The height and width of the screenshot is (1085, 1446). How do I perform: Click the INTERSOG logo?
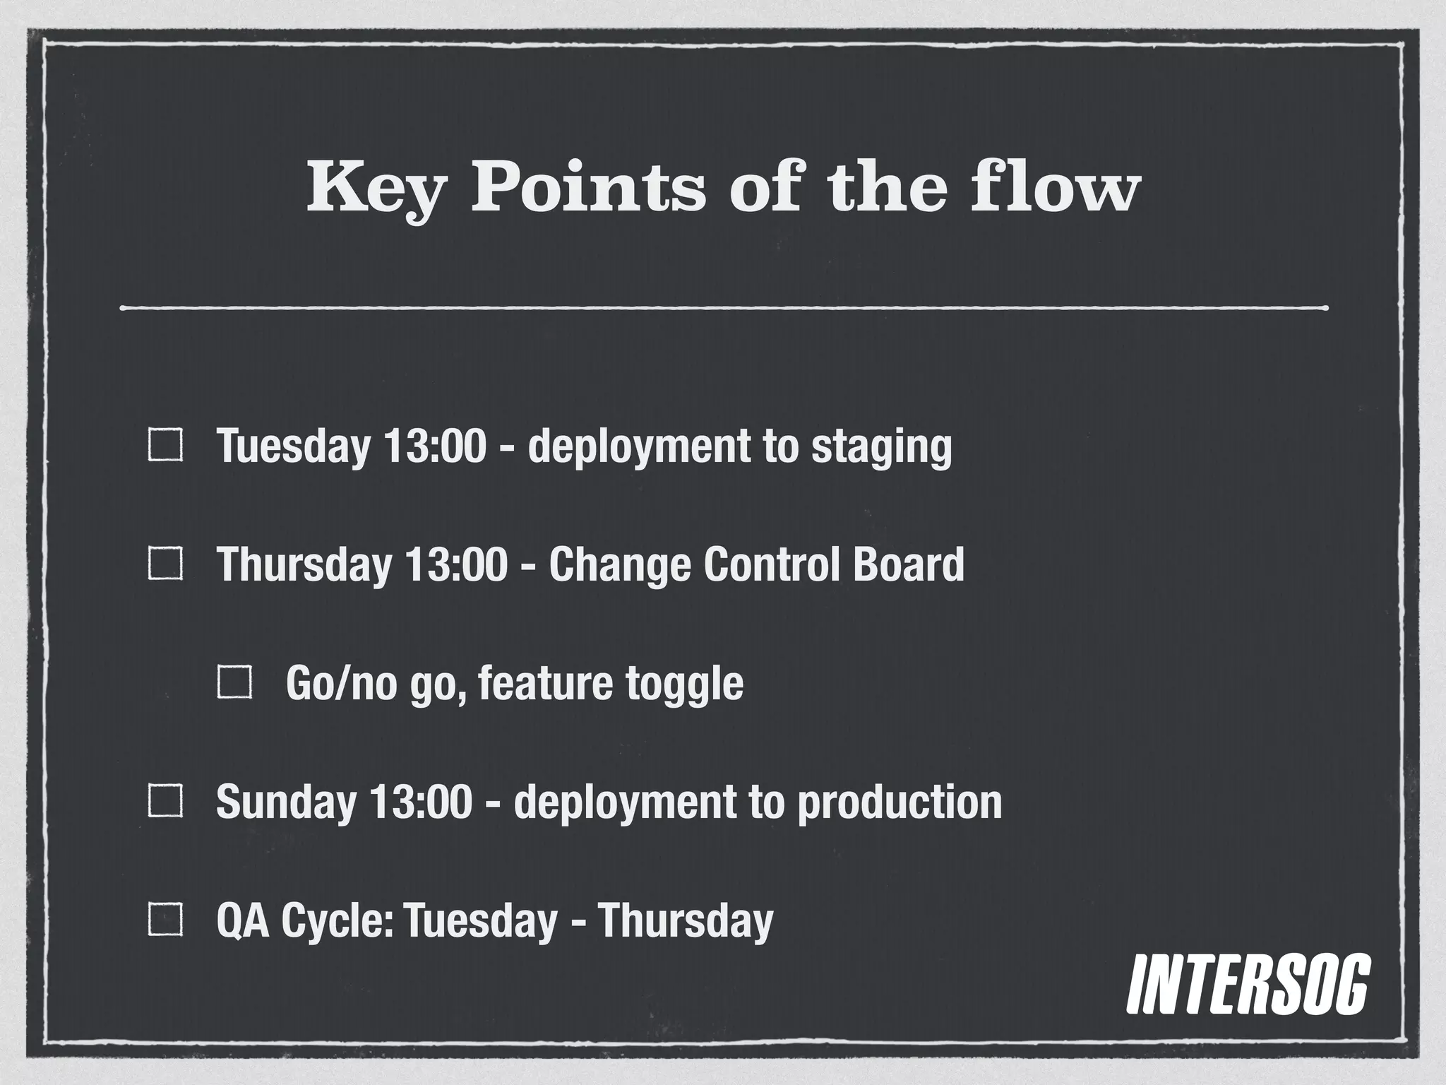1248,984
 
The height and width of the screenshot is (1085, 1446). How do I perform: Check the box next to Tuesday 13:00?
165,446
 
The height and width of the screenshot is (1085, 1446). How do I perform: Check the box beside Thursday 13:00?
165,564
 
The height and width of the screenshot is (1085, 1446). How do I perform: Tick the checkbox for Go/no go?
235,683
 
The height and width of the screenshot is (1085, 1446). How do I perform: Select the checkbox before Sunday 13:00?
165,802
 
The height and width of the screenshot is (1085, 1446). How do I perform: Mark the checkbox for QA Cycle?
165,920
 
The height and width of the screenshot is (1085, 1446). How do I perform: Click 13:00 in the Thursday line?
456,564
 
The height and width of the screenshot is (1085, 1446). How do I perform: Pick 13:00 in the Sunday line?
420,802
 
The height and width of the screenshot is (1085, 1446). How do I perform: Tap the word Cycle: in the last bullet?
337,921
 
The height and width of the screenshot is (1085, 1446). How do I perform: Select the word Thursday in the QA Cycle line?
686,920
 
